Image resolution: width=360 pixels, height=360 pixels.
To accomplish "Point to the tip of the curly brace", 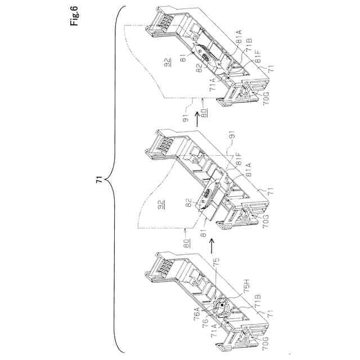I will pyautogui.click(x=108, y=181).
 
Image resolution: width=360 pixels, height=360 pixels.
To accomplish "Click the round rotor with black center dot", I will pyautogui.click(x=222, y=306).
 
